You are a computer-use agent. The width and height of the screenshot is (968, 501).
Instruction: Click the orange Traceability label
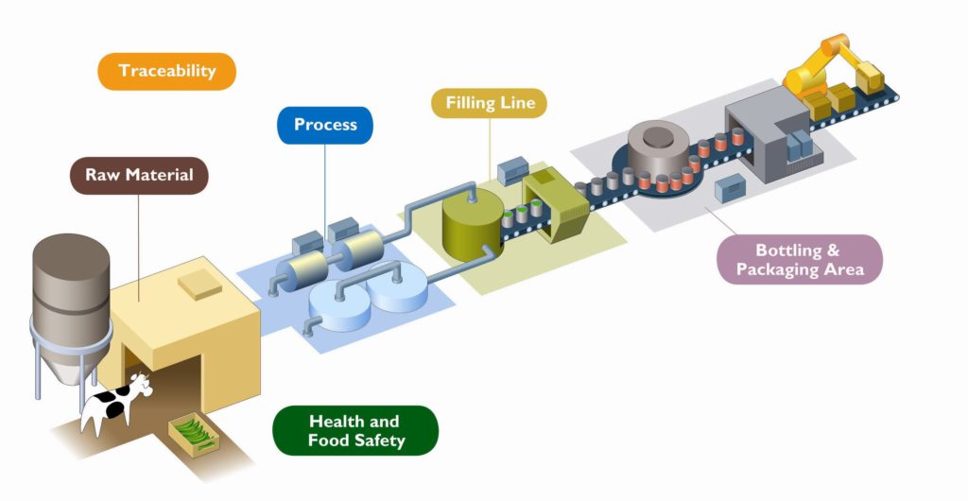point(166,71)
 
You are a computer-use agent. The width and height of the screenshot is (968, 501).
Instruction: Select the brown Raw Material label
point(139,175)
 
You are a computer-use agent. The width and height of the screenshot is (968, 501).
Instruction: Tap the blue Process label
point(325,125)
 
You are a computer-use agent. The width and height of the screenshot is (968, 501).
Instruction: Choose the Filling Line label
point(489,102)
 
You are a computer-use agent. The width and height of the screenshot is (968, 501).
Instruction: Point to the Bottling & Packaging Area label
point(799,260)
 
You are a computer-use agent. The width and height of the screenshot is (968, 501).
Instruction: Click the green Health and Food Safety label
point(354,430)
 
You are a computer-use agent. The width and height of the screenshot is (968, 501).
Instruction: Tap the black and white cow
point(112,405)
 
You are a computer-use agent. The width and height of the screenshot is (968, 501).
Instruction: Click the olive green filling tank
point(472,225)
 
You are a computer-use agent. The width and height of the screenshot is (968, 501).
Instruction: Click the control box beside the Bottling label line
point(732,190)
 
